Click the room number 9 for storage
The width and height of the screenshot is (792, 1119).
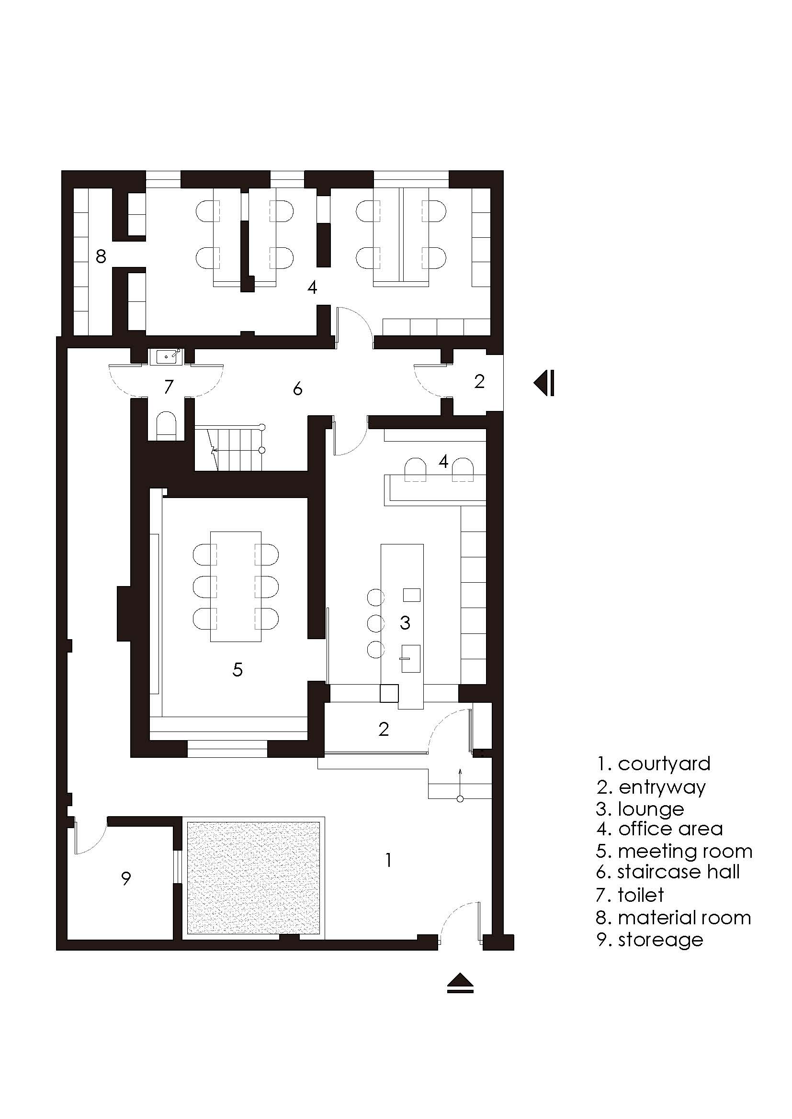coord(126,879)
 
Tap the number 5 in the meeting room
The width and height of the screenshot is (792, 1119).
coord(238,670)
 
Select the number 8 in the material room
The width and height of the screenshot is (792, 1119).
coord(101,256)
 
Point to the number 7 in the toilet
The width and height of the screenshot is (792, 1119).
coord(169,387)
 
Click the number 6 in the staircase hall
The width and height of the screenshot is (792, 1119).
coord(297,389)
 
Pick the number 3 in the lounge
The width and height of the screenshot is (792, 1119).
coord(405,622)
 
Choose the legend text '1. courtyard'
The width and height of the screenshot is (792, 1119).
coord(654,764)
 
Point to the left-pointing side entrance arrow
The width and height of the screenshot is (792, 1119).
coord(544,383)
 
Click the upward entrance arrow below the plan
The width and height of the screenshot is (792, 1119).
coord(460,983)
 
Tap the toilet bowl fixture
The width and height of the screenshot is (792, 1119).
coord(167,425)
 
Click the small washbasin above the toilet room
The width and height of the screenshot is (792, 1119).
coord(168,357)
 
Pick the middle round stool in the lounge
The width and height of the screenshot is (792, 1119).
coord(376,623)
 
